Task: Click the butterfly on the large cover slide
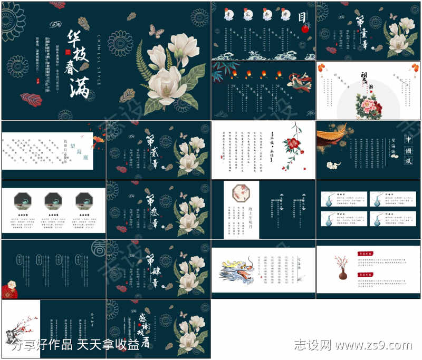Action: click(x=156, y=31)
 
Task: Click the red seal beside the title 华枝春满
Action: click(x=68, y=52)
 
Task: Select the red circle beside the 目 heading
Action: click(x=304, y=30)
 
